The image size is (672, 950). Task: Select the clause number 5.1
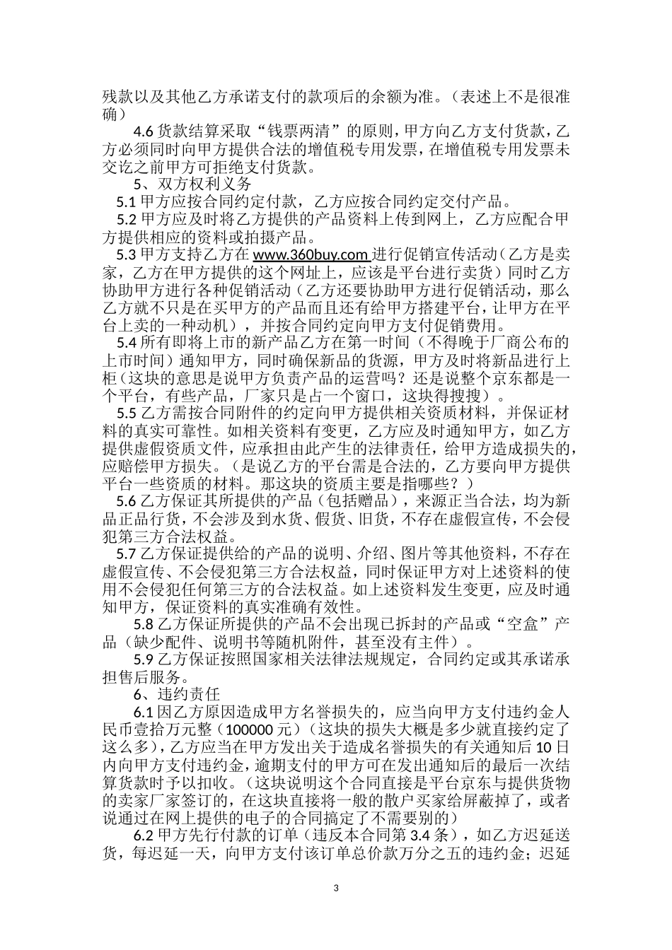[x=127, y=201]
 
